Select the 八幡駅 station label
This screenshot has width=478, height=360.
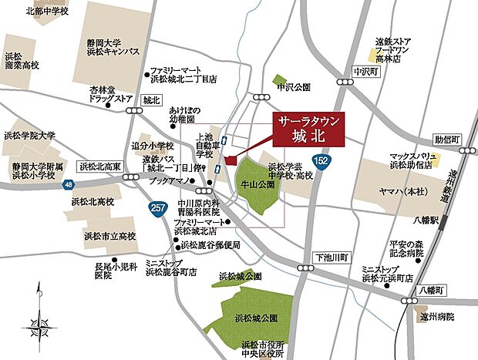click(x=429, y=220)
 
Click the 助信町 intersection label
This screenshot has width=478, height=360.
click(x=446, y=140)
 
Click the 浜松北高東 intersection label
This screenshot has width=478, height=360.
click(x=101, y=166)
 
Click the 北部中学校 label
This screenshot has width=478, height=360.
click(x=48, y=11)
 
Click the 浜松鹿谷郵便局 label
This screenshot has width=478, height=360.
click(x=212, y=244)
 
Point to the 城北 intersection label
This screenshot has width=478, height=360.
click(x=151, y=99)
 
